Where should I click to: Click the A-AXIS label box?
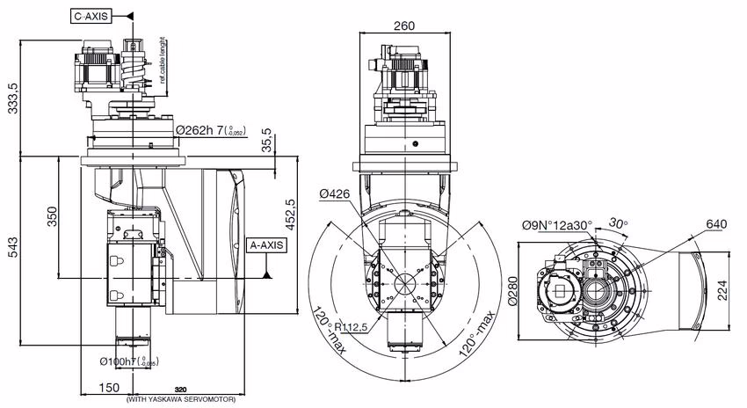click(x=267, y=245)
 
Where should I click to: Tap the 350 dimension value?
click(x=52, y=215)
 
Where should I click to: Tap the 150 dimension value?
click(x=108, y=388)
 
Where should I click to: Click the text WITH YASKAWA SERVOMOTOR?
click(x=181, y=400)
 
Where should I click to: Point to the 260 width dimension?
click(x=404, y=25)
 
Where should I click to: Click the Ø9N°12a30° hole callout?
click(x=557, y=225)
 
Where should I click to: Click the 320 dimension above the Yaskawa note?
click(x=181, y=388)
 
